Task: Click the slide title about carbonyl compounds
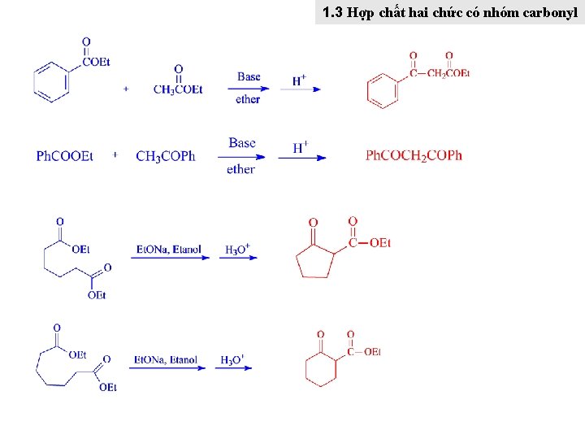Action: pyautogui.click(x=449, y=13)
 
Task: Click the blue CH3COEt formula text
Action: pyautogui.click(x=178, y=89)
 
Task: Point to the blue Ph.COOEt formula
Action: pyautogui.click(x=64, y=156)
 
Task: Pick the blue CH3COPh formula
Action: pyautogui.click(x=166, y=156)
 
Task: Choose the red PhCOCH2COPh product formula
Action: pyautogui.click(x=414, y=155)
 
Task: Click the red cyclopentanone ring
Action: pyautogui.click(x=316, y=259)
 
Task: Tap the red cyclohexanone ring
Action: pyautogui.click(x=320, y=368)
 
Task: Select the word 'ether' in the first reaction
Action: pyautogui.click(x=248, y=99)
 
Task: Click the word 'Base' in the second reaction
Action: pyautogui.click(x=241, y=143)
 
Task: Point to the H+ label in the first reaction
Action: pyautogui.click(x=299, y=80)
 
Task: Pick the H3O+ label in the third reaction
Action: pyautogui.click(x=238, y=250)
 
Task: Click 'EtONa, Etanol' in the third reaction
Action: pyautogui.click(x=169, y=250)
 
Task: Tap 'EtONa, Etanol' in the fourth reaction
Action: pyautogui.click(x=166, y=359)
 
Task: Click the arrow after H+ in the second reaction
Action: pyautogui.click(x=302, y=158)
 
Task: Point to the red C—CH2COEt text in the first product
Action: pyautogui.click(x=440, y=73)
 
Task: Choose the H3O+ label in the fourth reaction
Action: pyautogui.click(x=232, y=359)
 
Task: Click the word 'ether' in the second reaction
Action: pyautogui.click(x=241, y=169)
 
